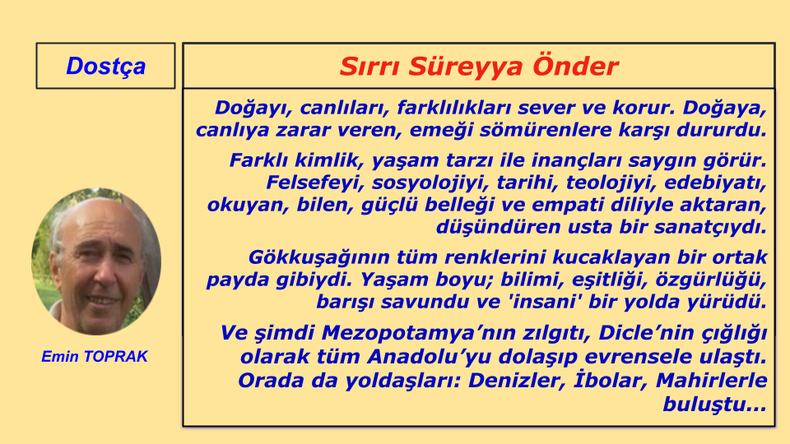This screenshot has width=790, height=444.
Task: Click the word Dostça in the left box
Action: pos(106,67)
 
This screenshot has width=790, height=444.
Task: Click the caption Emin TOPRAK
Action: pos(94,356)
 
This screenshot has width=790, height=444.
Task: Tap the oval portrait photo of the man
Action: pos(96,261)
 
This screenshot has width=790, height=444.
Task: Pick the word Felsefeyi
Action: pos(315,183)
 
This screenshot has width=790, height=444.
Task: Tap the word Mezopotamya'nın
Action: pos(406,334)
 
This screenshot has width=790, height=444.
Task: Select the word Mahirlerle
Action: pos(711,381)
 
